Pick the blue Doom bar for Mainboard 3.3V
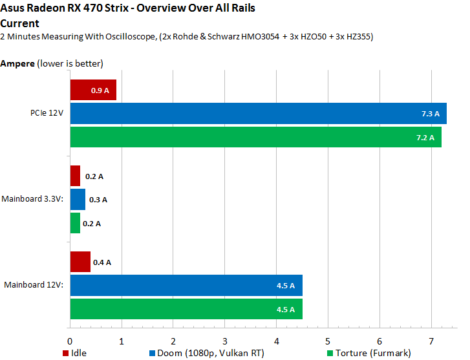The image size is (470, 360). click(x=77, y=200)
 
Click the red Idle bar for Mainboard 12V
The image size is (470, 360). click(x=80, y=262)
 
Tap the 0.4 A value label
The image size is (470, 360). click(x=102, y=262)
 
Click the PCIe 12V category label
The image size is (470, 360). click(x=43, y=114)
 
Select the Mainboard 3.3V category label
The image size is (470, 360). click(x=32, y=200)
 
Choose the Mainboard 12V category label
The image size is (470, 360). click(x=34, y=285)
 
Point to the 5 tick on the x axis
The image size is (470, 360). click(x=328, y=340)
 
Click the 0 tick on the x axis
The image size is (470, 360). click(x=70, y=340)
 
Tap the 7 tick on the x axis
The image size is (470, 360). click(x=431, y=340)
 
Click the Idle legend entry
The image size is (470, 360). click(x=75, y=352)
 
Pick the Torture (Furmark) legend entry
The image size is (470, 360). click(x=369, y=352)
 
